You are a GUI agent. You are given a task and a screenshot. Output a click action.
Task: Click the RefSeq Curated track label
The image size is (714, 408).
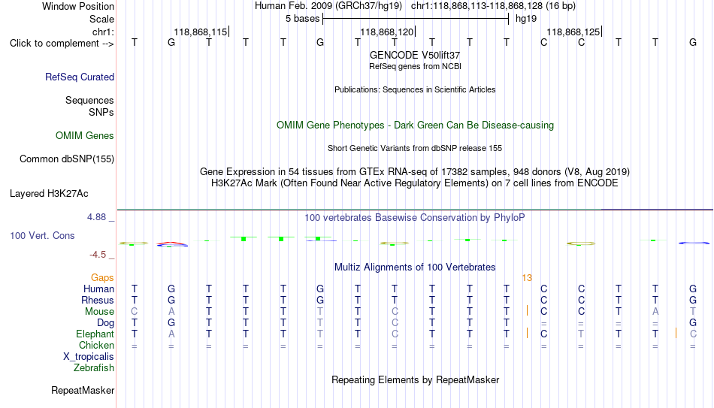pyautogui.click(x=80, y=77)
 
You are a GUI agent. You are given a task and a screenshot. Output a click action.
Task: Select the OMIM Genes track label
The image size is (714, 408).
pyautogui.click(x=85, y=136)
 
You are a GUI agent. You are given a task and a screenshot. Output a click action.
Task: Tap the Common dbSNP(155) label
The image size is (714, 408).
pyautogui.click(x=67, y=159)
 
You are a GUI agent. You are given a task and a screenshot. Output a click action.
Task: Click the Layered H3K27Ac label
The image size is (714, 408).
pyautogui.click(x=49, y=194)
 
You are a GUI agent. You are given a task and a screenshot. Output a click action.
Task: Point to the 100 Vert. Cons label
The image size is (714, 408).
pyautogui.click(x=42, y=235)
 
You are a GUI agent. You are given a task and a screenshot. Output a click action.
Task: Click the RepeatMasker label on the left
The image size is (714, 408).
pyautogui.click(x=83, y=390)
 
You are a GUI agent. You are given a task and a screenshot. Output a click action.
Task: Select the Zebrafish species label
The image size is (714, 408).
pyautogui.click(x=94, y=367)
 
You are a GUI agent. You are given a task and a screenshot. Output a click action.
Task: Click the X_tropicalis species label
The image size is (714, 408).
pyautogui.click(x=89, y=357)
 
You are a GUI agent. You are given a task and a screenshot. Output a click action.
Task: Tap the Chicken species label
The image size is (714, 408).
pyautogui.click(x=96, y=345)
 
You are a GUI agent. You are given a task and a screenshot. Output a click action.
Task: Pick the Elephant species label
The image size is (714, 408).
pyautogui.click(x=95, y=334)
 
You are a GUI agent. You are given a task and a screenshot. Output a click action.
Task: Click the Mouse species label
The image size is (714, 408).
pyautogui.click(x=99, y=312)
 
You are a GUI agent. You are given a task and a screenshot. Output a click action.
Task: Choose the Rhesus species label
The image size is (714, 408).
pyautogui.click(x=98, y=300)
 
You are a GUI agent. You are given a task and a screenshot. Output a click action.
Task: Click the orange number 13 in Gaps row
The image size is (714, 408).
pyautogui.click(x=527, y=278)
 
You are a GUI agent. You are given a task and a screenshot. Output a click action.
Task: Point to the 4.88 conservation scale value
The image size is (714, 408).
pyautogui.click(x=96, y=217)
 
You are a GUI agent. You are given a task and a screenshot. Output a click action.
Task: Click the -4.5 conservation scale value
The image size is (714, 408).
pyautogui.click(x=98, y=255)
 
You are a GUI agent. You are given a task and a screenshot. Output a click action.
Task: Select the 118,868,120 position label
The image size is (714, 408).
pyautogui.click(x=386, y=32)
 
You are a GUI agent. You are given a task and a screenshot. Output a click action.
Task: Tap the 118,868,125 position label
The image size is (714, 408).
pyautogui.click(x=573, y=32)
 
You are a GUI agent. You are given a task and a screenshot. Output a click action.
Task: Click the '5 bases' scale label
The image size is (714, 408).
pyautogui.click(x=302, y=19)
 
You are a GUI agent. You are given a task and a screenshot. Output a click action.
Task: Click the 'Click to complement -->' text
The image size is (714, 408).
pyautogui.click(x=62, y=44)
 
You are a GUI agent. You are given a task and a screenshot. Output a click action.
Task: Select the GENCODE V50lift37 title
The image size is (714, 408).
pyautogui.click(x=415, y=55)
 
